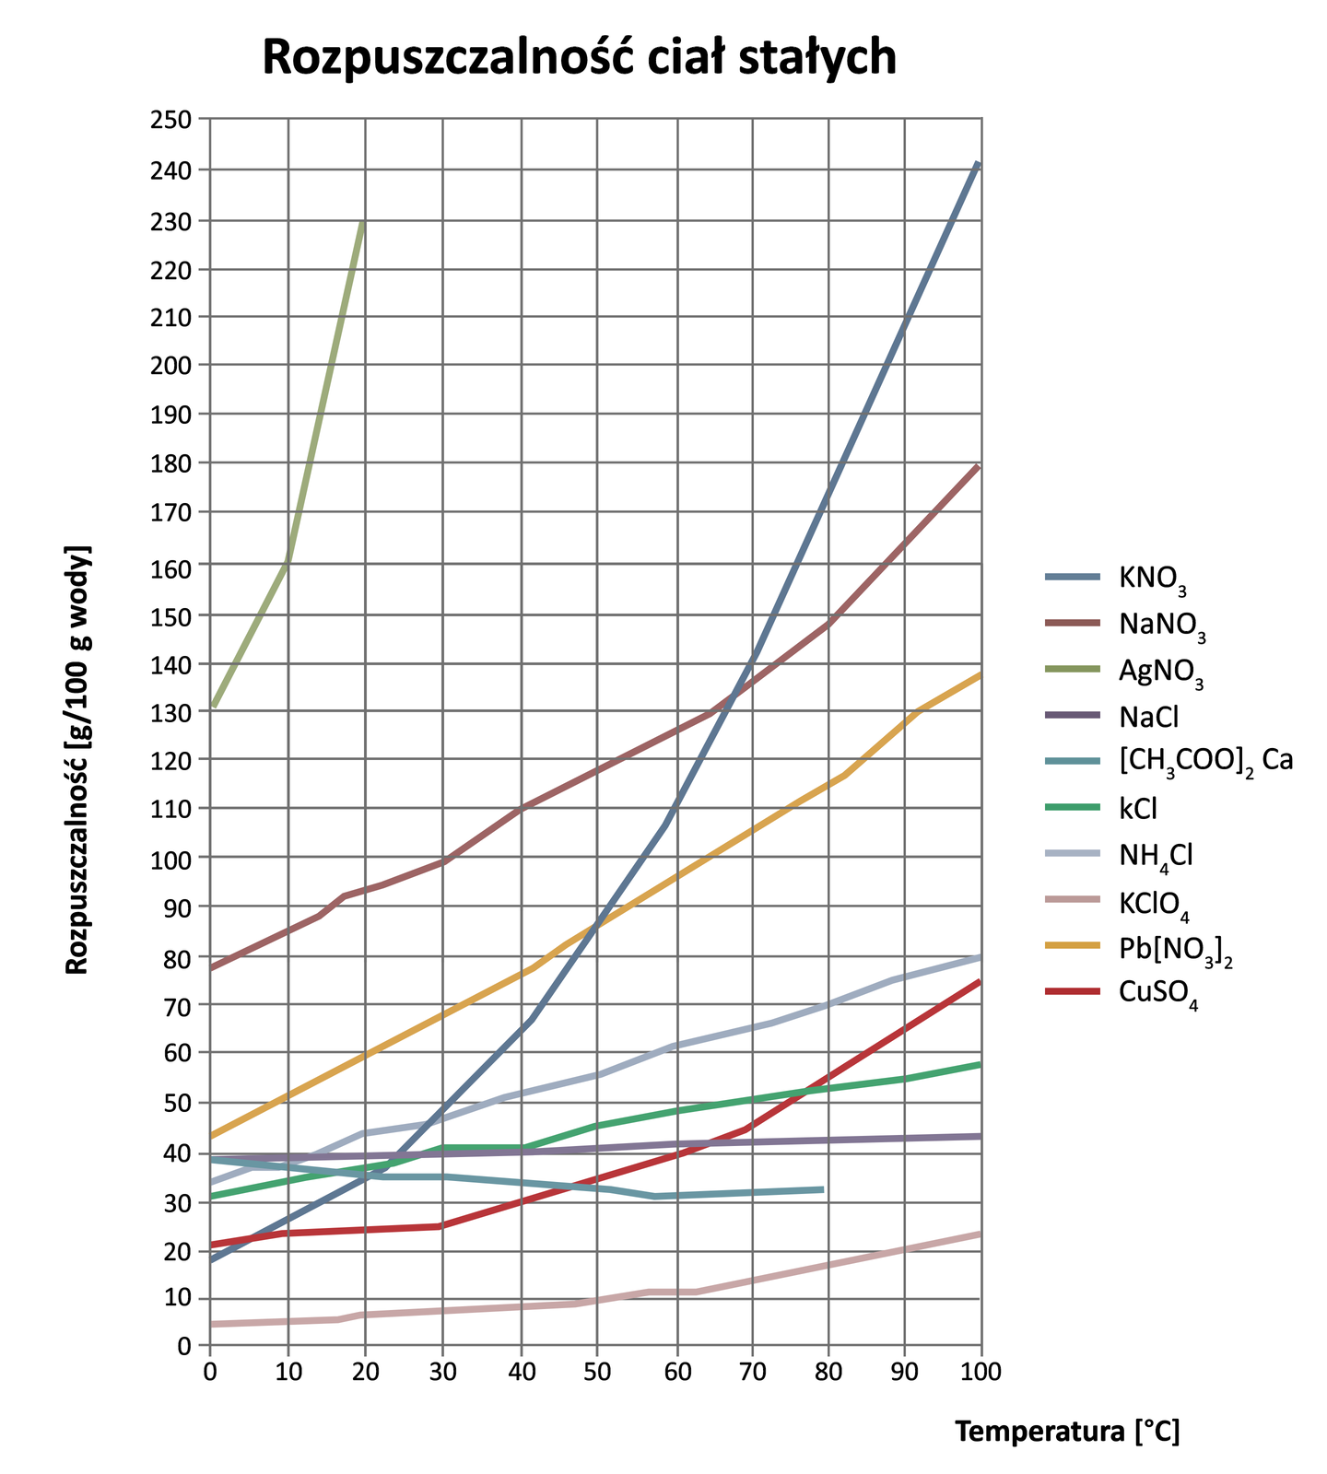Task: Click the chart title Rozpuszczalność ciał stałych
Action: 579,58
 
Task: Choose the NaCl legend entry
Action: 1149,716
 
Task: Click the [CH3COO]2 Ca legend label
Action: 1206,762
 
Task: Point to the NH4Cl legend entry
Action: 1156,855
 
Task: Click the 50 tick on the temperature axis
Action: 598,1372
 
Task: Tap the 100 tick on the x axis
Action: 981,1372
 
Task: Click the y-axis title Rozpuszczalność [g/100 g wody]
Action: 78,759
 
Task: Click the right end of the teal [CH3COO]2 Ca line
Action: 822,1189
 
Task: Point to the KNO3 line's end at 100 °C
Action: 979,163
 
